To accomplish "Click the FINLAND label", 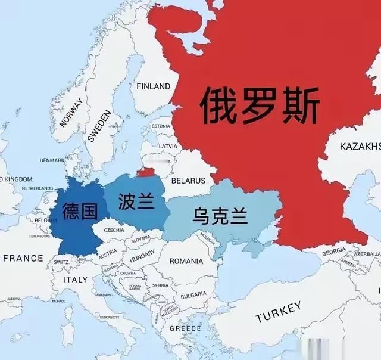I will click(154, 86).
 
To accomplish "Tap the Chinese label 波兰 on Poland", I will click(132, 200).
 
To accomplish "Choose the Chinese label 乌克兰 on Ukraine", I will click(220, 216).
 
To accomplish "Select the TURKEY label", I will click(279, 312).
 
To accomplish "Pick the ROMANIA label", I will click(186, 261).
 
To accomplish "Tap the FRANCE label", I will click(23, 258).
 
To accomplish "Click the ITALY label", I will click(75, 280).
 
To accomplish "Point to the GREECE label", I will click(185, 328).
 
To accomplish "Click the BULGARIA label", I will click(193, 294).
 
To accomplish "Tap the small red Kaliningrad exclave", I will click(146, 172).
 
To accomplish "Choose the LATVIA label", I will click(168, 146).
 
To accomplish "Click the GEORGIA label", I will click(333, 253).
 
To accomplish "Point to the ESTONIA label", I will click(160, 126).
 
